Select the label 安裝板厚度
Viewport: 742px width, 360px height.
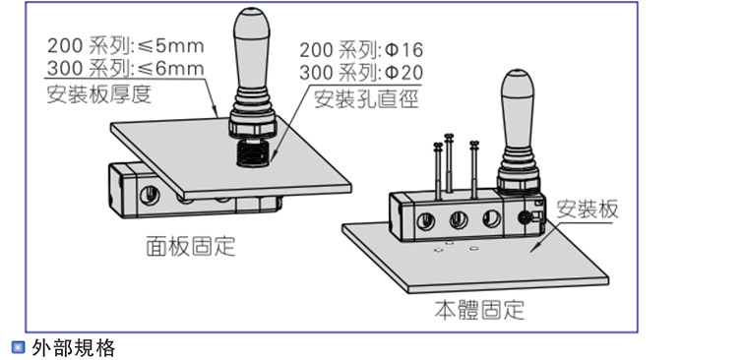pyautogui.click(x=100, y=95)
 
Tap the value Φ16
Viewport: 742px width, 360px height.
pyautogui.click(x=402, y=49)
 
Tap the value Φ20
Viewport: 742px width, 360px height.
pyautogui.click(x=402, y=74)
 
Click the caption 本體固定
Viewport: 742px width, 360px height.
pyautogui.click(x=479, y=312)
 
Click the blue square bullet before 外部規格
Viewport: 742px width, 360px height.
pyautogui.click(x=17, y=347)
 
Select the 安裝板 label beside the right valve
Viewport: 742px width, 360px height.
pyautogui.click(x=588, y=209)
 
